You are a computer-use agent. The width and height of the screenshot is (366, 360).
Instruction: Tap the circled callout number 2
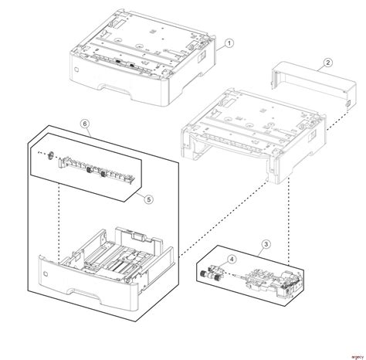click(x=327, y=63)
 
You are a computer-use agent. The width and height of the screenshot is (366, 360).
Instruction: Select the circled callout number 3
click(x=265, y=245)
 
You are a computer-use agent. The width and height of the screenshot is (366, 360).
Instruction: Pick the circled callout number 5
click(x=149, y=198)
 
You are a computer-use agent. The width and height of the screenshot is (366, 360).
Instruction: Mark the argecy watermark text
click(x=351, y=354)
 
